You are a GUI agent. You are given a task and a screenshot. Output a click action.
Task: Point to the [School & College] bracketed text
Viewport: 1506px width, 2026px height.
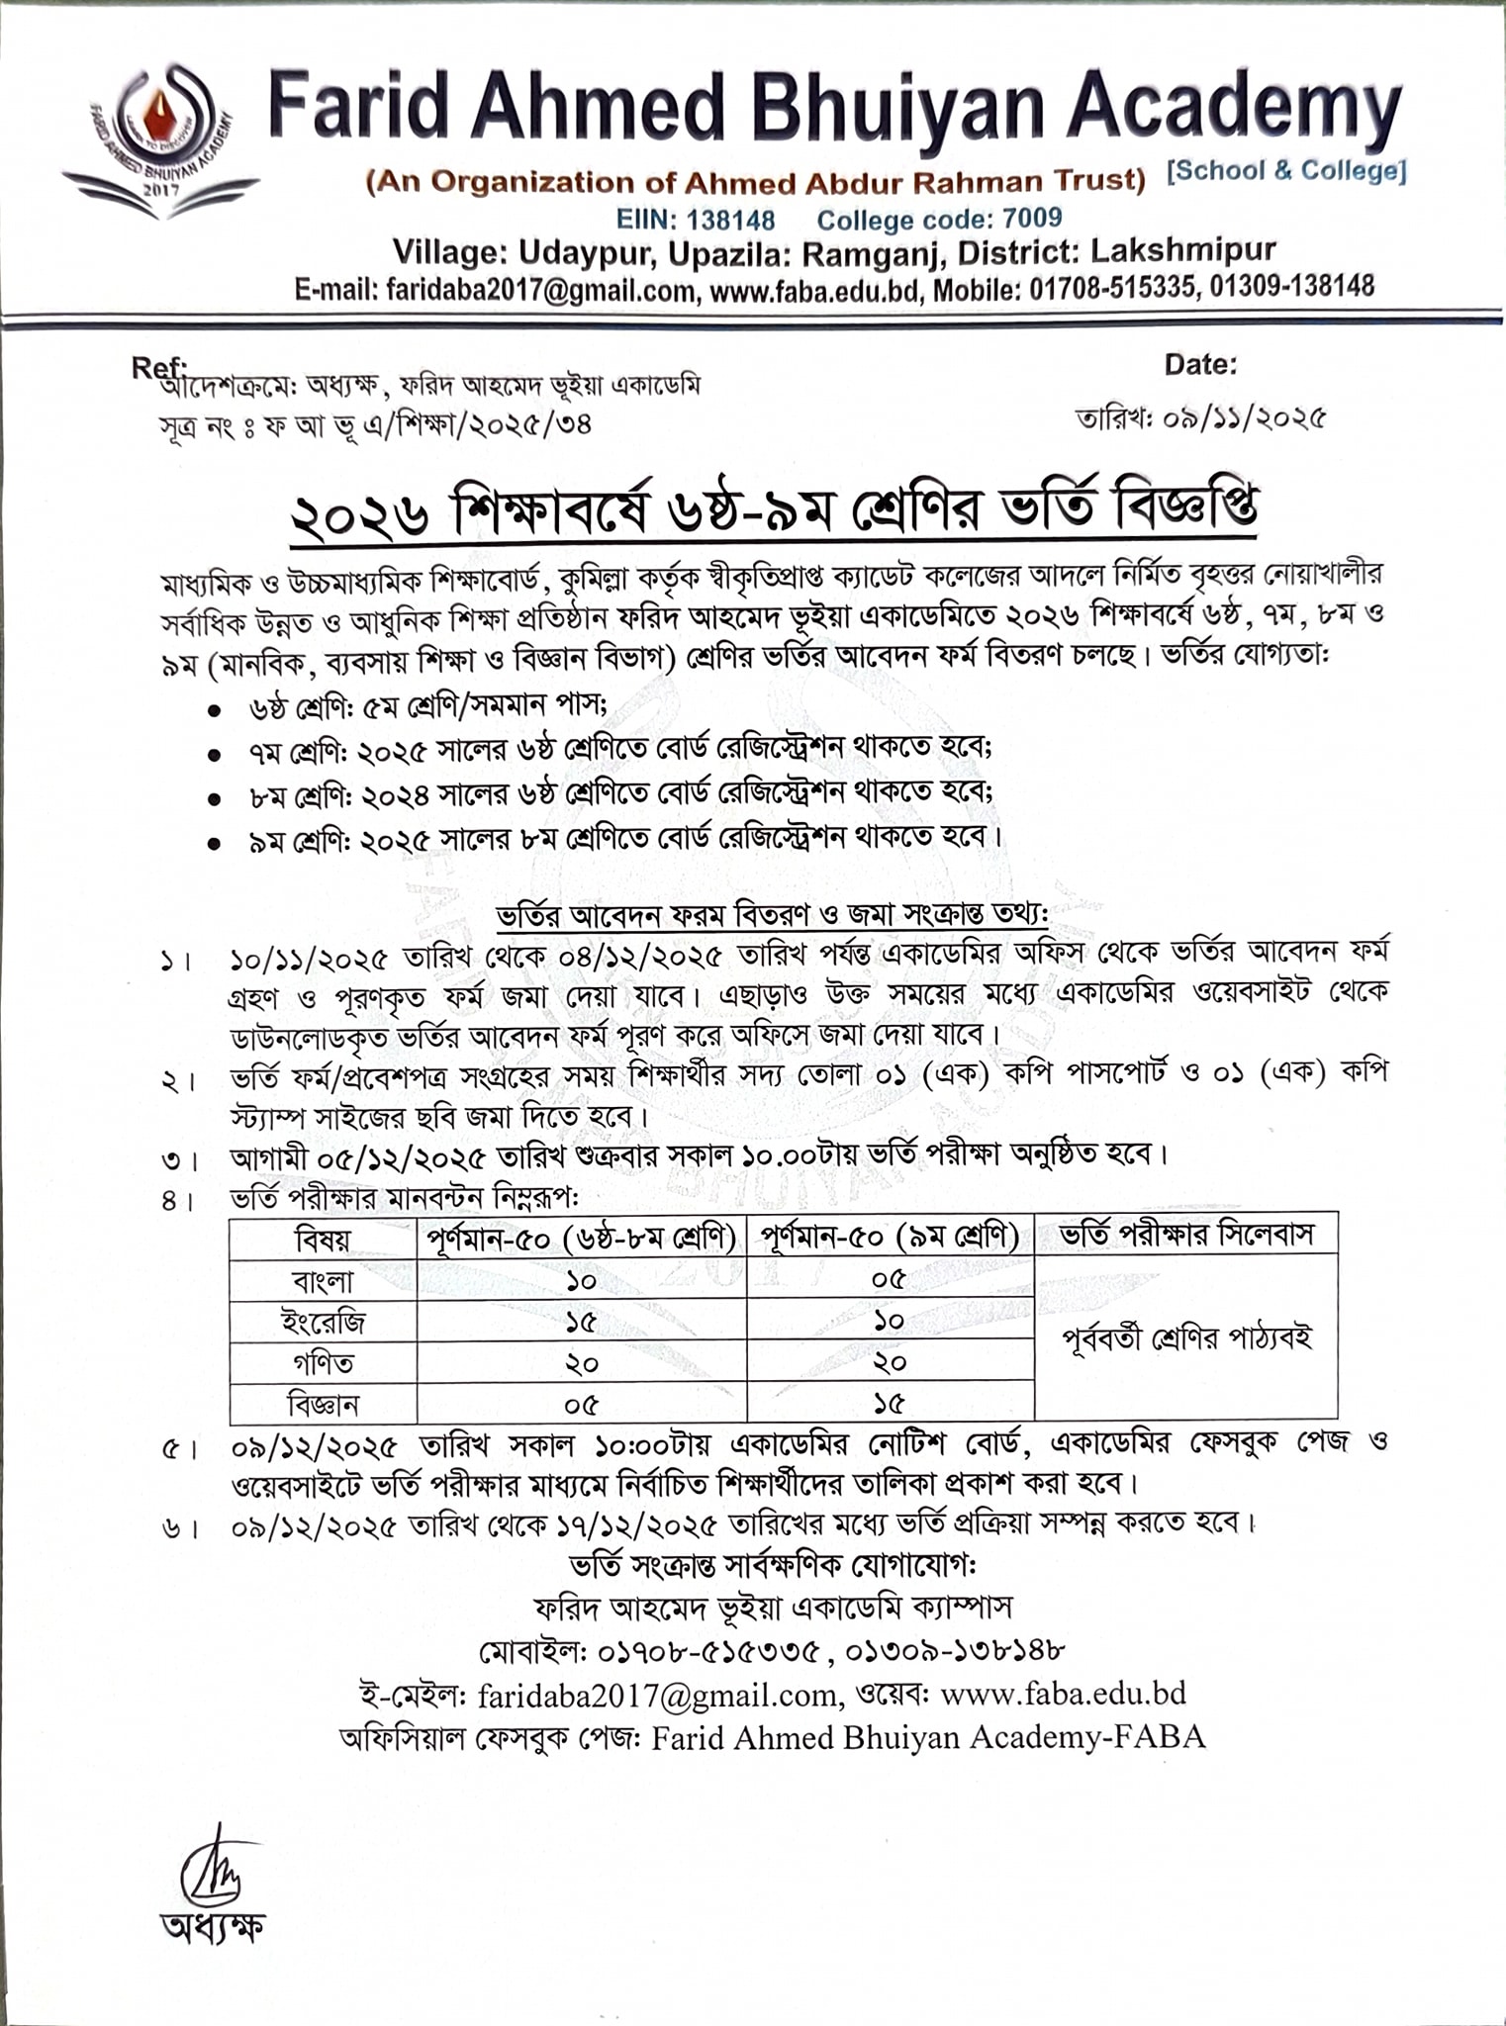(1285, 171)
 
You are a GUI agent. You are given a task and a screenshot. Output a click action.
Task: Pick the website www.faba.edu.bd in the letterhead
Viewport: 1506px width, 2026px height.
(810, 289)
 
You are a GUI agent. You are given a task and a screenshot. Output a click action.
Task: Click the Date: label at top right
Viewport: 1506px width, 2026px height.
(1200, 364)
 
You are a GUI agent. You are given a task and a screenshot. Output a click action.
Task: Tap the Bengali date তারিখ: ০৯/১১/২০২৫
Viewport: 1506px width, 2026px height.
(1200, 418)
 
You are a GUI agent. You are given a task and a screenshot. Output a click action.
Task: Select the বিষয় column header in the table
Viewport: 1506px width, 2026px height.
(323, 1238)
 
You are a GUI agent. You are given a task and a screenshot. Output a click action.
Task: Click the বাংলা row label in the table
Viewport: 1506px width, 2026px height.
(323, 1281)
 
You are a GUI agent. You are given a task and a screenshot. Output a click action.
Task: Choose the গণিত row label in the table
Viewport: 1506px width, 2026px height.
(323, 1363)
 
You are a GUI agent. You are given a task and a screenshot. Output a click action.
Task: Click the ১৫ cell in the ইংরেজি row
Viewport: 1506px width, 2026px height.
(581, 1322)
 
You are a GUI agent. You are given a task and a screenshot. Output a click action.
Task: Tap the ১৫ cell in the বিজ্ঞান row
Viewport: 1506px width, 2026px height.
(889, 1404)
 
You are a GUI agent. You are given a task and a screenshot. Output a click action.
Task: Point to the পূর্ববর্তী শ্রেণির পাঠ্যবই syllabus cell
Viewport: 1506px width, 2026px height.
(1185, 1339)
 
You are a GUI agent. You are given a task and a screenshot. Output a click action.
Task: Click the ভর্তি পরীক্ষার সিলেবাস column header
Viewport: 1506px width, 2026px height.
(1185, 1235)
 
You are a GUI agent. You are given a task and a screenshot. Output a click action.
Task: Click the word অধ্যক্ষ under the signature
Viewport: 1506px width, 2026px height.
(213, 1924)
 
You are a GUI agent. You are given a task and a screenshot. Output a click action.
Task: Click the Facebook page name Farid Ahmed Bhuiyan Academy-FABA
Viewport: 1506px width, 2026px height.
(927, 1737)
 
